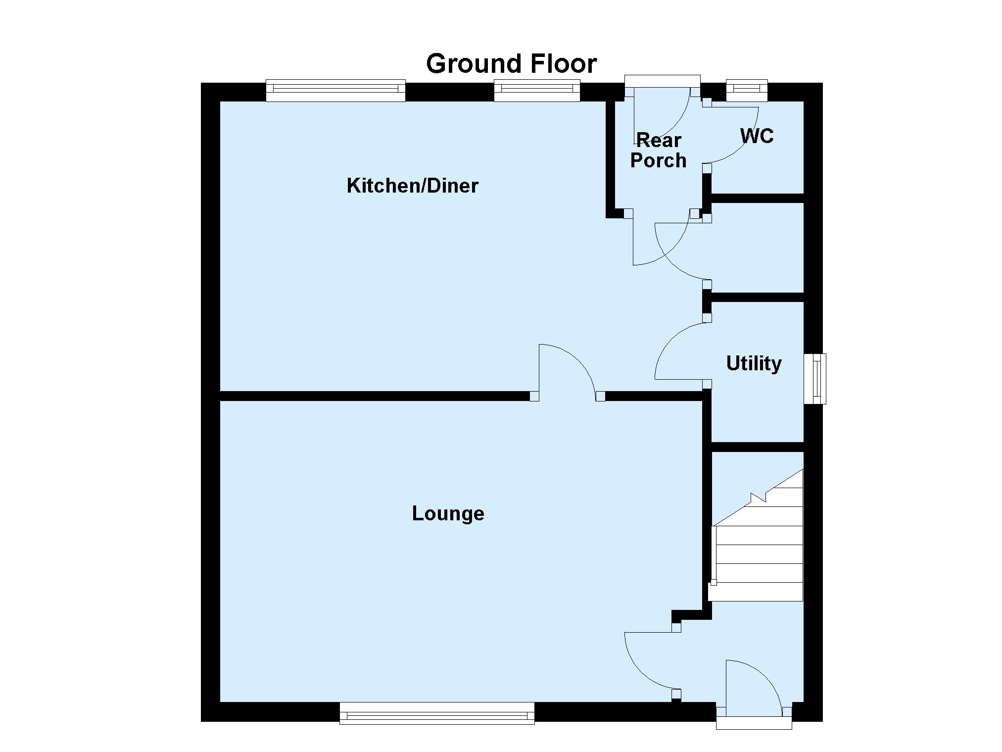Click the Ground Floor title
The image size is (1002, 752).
(511, 64)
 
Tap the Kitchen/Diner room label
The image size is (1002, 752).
(412, 186)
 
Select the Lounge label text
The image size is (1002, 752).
(448, 514)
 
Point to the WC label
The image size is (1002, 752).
(757, 136)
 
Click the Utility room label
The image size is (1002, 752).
(754, 364)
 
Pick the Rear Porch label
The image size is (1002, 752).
(658, 150)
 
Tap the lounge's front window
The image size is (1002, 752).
(437, 713)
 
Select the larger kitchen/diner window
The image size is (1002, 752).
(335, 91)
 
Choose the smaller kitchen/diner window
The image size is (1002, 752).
(537, 91)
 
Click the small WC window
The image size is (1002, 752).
(747, 90)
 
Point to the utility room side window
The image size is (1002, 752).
(814, 379)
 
